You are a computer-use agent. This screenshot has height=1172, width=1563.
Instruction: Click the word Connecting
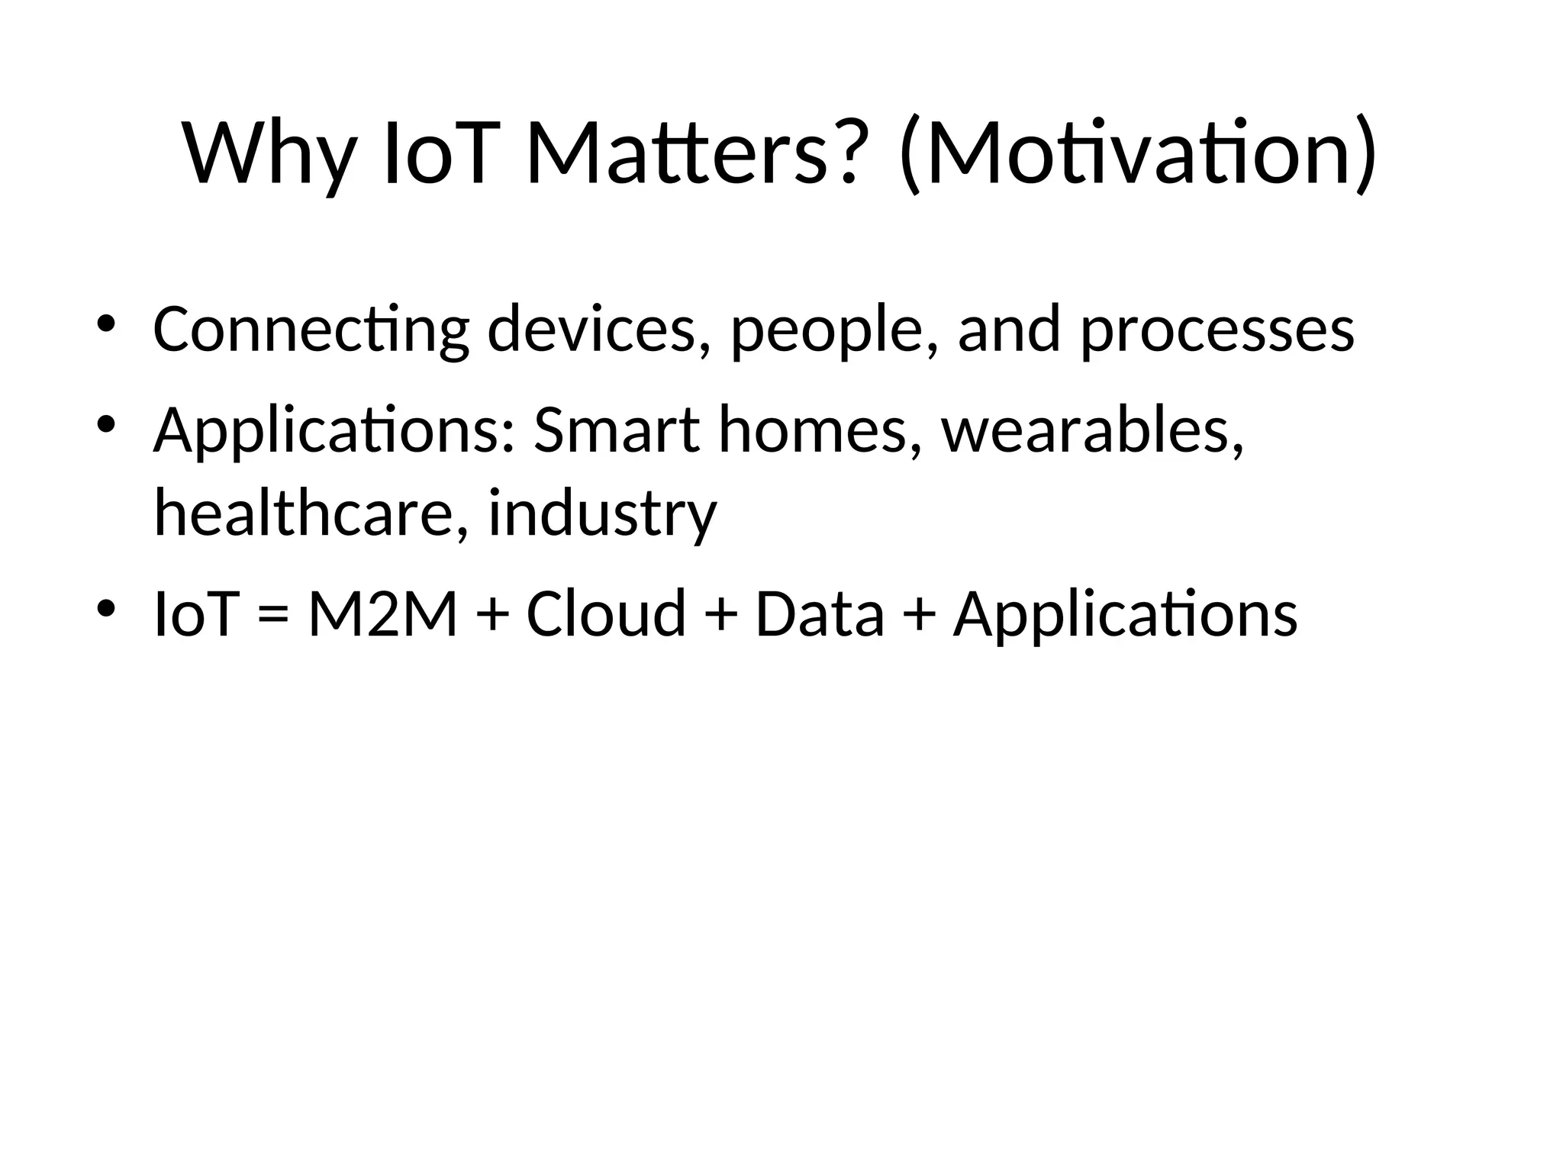tap(311, 330)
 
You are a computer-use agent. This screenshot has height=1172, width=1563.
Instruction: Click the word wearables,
tap(1093, 430)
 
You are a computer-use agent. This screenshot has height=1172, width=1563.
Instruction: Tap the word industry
tap(603, 514)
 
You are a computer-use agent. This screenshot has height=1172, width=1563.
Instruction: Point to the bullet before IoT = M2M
tap(105, 607)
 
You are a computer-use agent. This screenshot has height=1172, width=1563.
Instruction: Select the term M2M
tap(382, 614)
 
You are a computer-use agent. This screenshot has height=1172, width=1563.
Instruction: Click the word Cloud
tap(606, 614)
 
